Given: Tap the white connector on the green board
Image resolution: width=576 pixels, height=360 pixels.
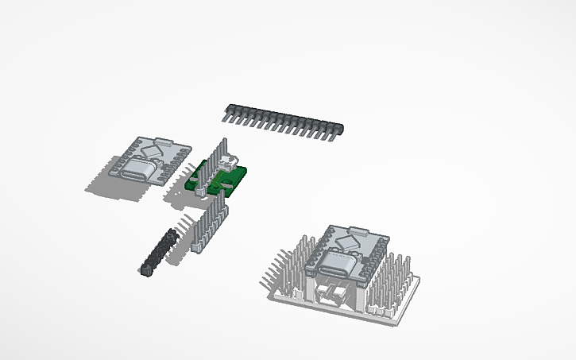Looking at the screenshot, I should click(x=230, y=164).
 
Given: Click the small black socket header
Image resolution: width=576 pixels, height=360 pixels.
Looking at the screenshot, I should click(x=157, y=253).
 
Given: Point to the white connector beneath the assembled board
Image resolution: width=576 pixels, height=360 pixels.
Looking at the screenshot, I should click(x=334, y=296).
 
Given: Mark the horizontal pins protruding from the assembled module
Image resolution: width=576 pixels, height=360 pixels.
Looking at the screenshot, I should click(x=275, y=265).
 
